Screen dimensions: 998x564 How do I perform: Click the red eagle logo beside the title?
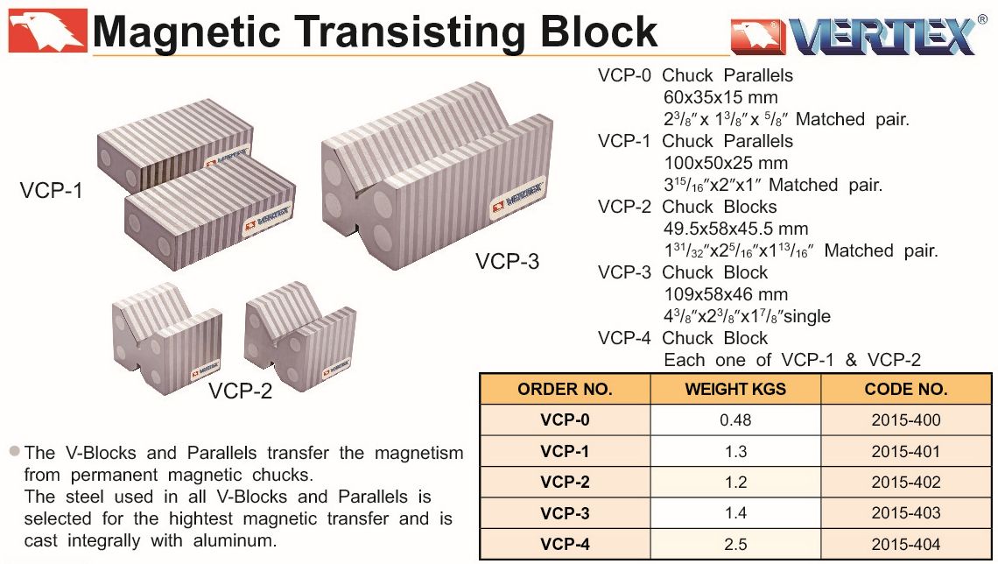47,30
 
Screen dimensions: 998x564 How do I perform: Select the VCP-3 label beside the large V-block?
507,261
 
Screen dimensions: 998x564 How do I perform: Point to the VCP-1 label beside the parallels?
52,190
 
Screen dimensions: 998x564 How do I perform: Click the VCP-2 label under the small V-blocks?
241,391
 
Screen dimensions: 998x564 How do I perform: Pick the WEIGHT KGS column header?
735,389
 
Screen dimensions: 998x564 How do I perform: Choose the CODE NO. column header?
906,389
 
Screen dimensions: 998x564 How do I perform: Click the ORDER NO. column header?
565,389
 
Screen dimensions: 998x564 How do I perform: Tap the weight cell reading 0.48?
735,420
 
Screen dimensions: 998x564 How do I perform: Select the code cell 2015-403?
906,513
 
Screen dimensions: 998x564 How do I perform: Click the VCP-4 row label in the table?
565,544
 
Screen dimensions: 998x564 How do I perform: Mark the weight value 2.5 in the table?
735,544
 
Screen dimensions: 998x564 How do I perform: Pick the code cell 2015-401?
906,451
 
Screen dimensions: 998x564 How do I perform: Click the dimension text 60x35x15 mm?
720,97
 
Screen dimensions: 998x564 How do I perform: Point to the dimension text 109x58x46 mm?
726,294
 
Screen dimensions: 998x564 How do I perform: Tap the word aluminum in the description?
235,540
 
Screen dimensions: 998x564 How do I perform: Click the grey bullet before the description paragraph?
15,451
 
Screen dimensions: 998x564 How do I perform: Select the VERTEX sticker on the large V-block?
517,198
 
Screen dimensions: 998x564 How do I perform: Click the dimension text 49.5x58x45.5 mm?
735,229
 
